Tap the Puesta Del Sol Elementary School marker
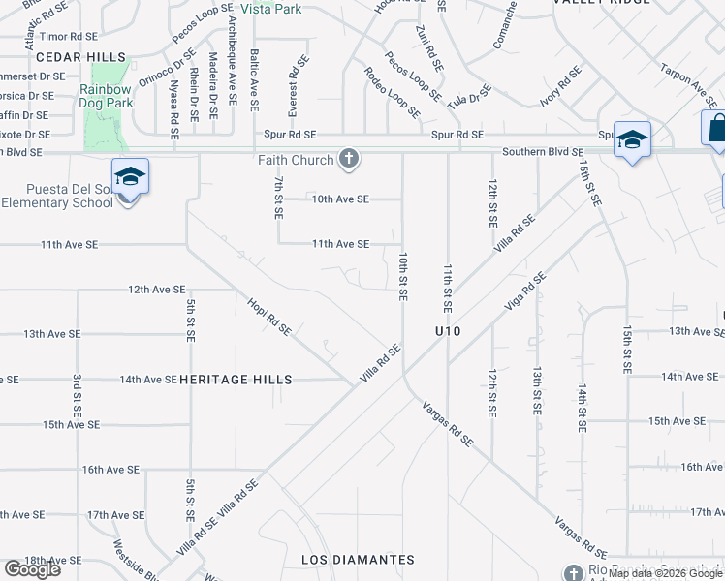(x=130, y=177)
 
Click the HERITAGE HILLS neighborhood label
(x=236, y=380)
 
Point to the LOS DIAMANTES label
(x=358, y=560)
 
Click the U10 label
(x=447, y=332)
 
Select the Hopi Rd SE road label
(x=269, y=316)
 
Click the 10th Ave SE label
(x=340, y=199)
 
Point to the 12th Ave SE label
(x=157, y=289)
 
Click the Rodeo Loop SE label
(x=393, y=93)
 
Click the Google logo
(x=32, y=569)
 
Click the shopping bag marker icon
(x=714, y=129)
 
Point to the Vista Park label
(x=270, y=9)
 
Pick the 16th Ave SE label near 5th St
(x=111, y=470)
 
